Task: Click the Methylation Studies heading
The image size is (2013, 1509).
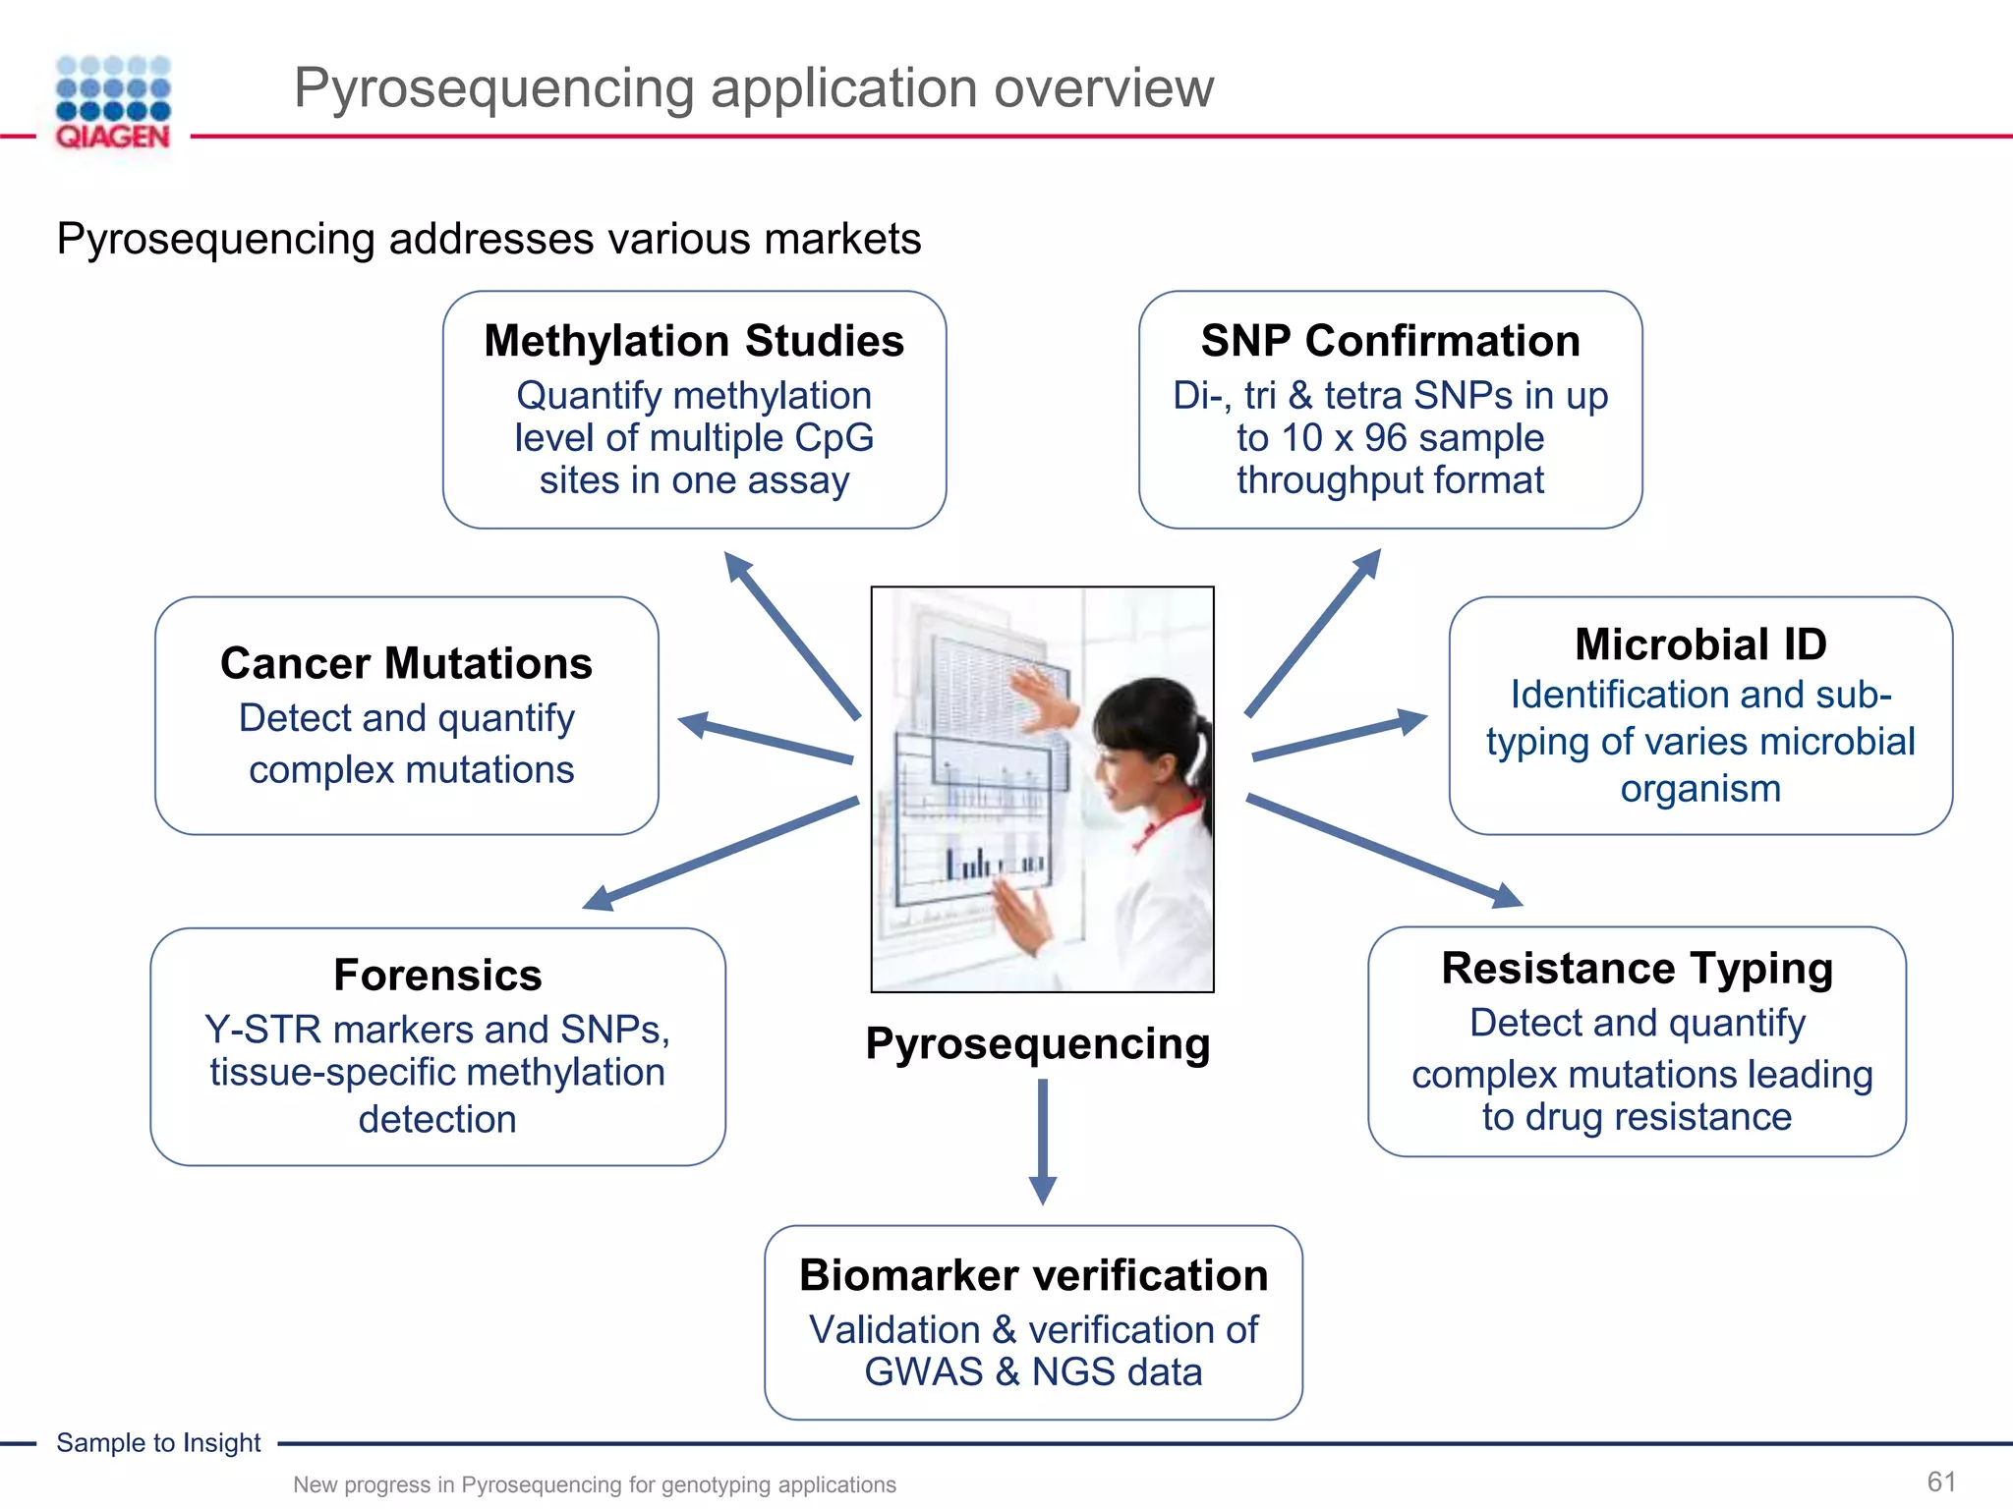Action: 694,341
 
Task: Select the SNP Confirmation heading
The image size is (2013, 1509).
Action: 1390,341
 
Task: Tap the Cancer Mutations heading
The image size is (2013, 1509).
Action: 406,663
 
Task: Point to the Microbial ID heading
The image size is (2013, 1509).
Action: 1700,644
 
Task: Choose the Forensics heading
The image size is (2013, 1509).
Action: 437,975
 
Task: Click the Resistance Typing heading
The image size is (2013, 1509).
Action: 1638,968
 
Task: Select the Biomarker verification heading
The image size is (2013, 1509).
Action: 1033,1275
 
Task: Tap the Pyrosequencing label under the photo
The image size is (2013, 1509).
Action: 1038,1043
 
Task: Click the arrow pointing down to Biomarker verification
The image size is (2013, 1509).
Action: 1042,1140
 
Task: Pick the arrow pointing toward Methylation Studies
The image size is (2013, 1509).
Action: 791,634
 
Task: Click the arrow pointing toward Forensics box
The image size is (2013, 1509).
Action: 722,853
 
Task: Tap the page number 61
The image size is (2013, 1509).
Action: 1941,1481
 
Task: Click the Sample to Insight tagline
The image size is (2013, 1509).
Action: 158,1442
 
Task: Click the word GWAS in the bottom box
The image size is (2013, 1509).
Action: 923,1372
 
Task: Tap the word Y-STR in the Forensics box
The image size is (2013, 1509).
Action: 262,1030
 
